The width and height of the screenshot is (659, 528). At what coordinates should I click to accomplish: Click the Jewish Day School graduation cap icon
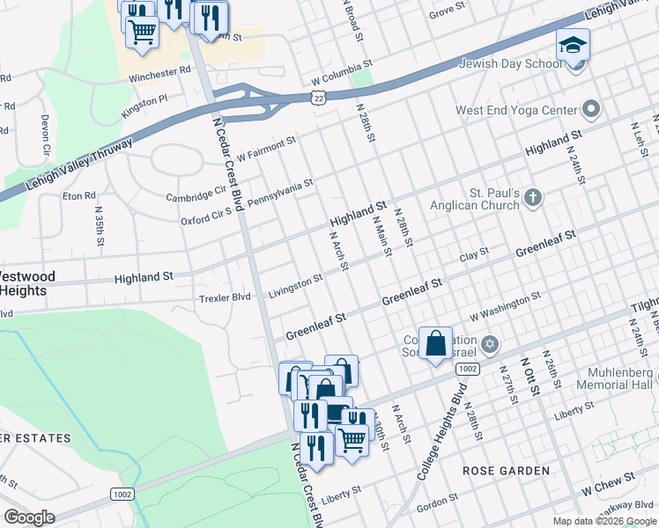click(573, 45)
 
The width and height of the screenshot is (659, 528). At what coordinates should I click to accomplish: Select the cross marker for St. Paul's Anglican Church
click(532, 197)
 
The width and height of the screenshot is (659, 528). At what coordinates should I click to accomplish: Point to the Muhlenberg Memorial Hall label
click(614, 378)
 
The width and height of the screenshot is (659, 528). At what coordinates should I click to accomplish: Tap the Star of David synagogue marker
click(491, 343)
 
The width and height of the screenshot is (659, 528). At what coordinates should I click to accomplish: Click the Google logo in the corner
click(30, 517)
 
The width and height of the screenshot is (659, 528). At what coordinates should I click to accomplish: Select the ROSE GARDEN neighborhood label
click(507, 471)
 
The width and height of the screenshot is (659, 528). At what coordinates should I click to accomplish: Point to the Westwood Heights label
click(27, 283)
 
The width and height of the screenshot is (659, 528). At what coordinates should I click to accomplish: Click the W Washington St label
click(505, 308)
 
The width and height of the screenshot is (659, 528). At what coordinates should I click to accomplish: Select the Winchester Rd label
click(159, 74)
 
